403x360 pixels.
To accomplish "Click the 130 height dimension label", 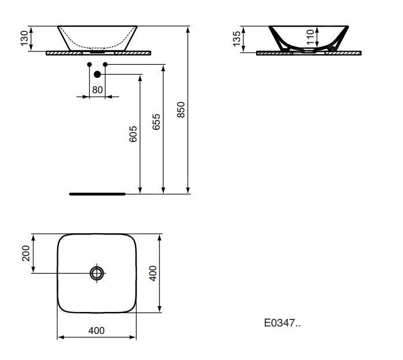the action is (24, 38).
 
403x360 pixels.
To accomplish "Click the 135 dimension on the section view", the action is (236, 39).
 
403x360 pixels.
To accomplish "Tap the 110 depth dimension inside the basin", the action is (310, 37).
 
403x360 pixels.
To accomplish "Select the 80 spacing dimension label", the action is (97, 90).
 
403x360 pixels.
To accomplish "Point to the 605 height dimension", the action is (133, 134).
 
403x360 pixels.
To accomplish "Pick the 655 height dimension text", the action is (156, 122).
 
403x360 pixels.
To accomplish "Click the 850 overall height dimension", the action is (181, 110).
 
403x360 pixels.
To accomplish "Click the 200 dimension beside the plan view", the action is (25, 253).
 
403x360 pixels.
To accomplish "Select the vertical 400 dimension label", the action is (153, 273).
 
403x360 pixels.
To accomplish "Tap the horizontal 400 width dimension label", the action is (97, 330).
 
